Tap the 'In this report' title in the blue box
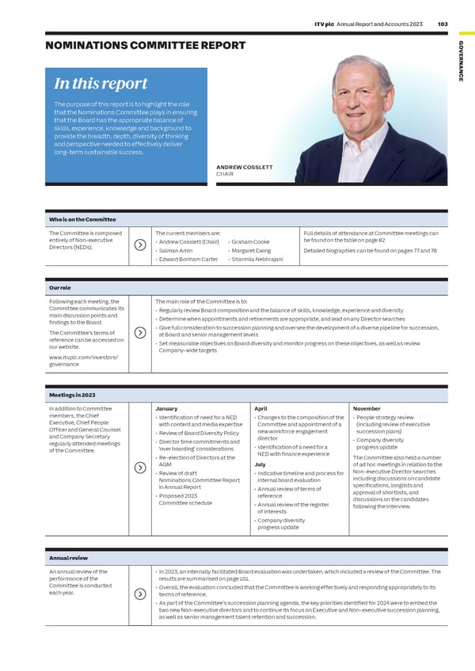pyautogui.click(x=100, y=85)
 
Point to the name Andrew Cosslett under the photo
pyautogui.click(x=244, y=167)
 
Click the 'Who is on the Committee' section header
pyautogui.click(x=82, y=219)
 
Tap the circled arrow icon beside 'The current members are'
pyautogui.click(x=139, y=245)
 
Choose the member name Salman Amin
pyautogui.click(x=176, y=251)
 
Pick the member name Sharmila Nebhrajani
pyautogui.click(x=256, y=260)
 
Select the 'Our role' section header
pyautogui.click(x=60, y=288)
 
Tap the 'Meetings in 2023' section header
pyautogui.click(x=72, y=395)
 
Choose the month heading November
pyautogui.click(x=367, y=408)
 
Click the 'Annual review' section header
pyautogui.click(x=69, y=558)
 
